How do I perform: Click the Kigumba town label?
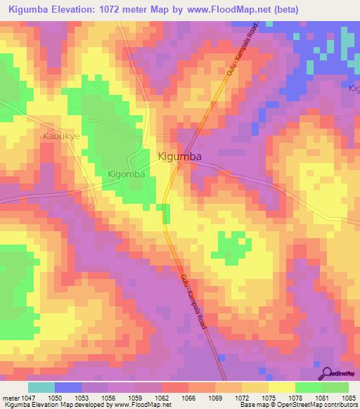181,157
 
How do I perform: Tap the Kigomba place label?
127,174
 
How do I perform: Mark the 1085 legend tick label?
349,398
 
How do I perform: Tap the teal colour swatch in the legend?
41,387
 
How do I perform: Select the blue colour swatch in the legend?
68,387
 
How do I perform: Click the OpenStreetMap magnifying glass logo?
325,373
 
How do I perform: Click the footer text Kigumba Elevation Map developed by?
56,405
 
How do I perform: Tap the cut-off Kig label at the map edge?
354,88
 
